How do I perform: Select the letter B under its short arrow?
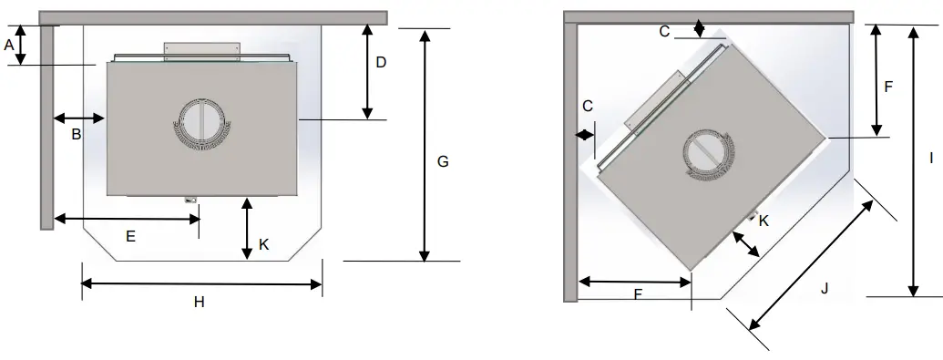[x=77, y=135]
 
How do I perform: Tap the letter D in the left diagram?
[x=381, y=63]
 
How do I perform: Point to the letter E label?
[x=130, y=236]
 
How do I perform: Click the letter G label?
[x=443, y=161]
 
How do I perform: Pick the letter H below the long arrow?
[x=199, y=303]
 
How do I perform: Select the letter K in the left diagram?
[x=264, y=244]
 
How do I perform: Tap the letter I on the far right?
[x=930, y=158]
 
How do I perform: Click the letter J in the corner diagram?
[x=824, y=289]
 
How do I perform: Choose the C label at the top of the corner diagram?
[x=665, y=31]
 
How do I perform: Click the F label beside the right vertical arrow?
[x=888, y=87]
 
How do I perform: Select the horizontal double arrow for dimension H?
[x=201, y=284]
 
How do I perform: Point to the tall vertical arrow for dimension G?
[x=424, y=145]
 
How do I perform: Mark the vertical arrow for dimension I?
[x=913, y=160]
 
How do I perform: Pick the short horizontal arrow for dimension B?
[x=80, y=118]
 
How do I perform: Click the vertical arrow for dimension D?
[x=367, y=71]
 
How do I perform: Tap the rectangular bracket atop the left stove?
[x=201, y=51]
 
